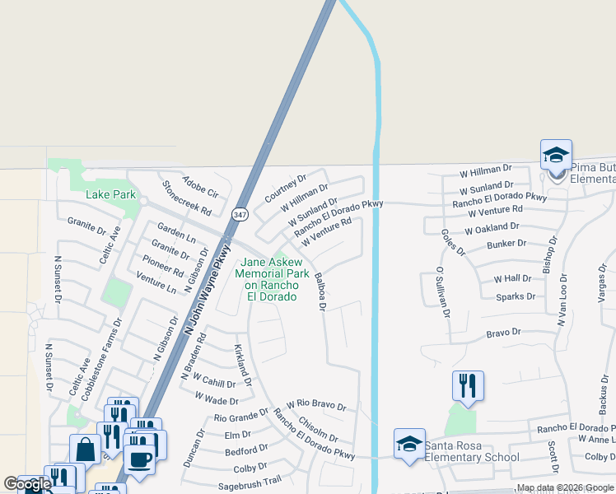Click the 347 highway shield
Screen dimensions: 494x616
tap(240, 214)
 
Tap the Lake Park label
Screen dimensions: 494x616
tap(111, 195)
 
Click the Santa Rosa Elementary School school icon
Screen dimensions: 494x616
tap(409, 444)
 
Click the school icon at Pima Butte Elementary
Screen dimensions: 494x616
tap(556, 155)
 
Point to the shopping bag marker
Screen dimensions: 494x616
tap(85, 450)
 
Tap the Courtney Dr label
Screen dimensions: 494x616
tap(285, 189)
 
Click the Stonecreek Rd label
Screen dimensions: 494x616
tap(186, 198)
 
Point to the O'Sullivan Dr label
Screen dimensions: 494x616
tap(443, 292)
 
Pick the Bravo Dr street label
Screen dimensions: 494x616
tap(504, 333)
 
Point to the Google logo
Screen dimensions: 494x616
tap(27, 484)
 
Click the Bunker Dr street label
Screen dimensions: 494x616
tap(506, 244)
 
